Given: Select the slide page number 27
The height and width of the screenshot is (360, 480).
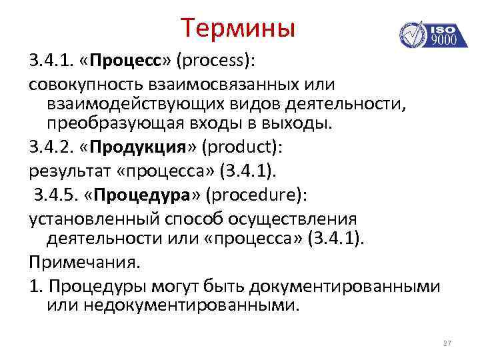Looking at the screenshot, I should click(447, 343).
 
